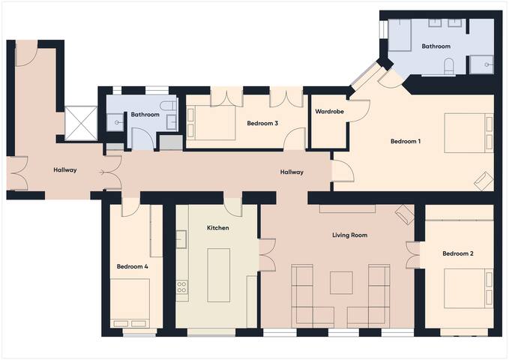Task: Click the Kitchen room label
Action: point(218,227)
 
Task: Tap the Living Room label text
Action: point(349,235)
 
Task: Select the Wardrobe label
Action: point(329,112)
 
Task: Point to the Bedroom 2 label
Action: point(457,253)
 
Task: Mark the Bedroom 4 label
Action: point(132,266)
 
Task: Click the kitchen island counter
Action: point(218,274)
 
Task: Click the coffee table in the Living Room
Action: point(341,282)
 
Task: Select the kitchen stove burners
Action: point(181,286)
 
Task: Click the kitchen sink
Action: point(181,239)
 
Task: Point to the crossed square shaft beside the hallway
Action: point(80,123)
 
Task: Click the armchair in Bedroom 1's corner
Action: point(484,181)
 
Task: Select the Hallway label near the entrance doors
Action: point(65,170)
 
